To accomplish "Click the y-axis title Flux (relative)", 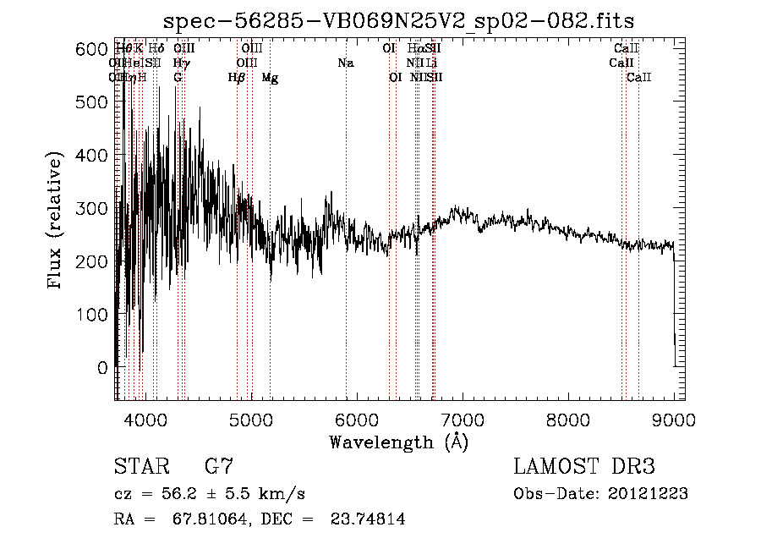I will click(x=56, y=221).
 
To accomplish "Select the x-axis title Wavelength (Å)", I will click(x=399, y=442).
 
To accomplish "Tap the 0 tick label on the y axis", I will click(x=101, y=367).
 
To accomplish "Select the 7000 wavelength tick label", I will click(x=463, y=419).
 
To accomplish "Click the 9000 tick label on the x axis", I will click(x=674, y=419).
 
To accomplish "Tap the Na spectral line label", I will click(x=345, y=63).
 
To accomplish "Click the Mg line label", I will click(x=270, y=78).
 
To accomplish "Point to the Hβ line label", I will click(x=237, y=78).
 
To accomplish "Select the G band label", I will click(x=178, y=78).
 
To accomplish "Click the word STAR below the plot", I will click(x=141, y=466).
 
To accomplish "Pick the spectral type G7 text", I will click(x=218, y=466).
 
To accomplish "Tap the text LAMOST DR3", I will click(x=583, y=466).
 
